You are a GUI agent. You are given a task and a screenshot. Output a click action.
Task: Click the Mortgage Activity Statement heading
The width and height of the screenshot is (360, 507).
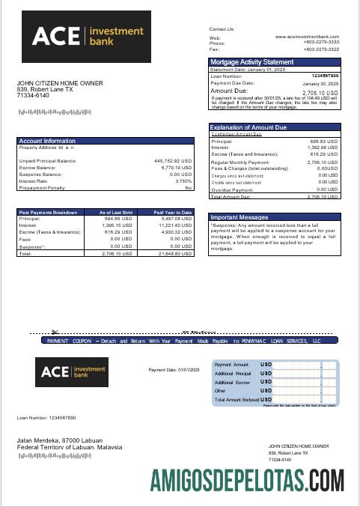pyautogui.click(x=252, y=61)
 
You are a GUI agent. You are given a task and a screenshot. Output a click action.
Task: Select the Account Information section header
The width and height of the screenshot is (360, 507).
pyautogui.click(x=47, y=141)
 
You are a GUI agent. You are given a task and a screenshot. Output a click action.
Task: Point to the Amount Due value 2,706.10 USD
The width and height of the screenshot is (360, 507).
pyautogui.click(x=322, y=91)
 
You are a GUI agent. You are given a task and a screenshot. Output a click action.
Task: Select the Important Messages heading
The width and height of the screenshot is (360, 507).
pyautogui.click(x=240, y=217)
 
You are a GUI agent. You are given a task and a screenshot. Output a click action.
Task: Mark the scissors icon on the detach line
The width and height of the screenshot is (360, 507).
pyautogui.click(x=55, y=331)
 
